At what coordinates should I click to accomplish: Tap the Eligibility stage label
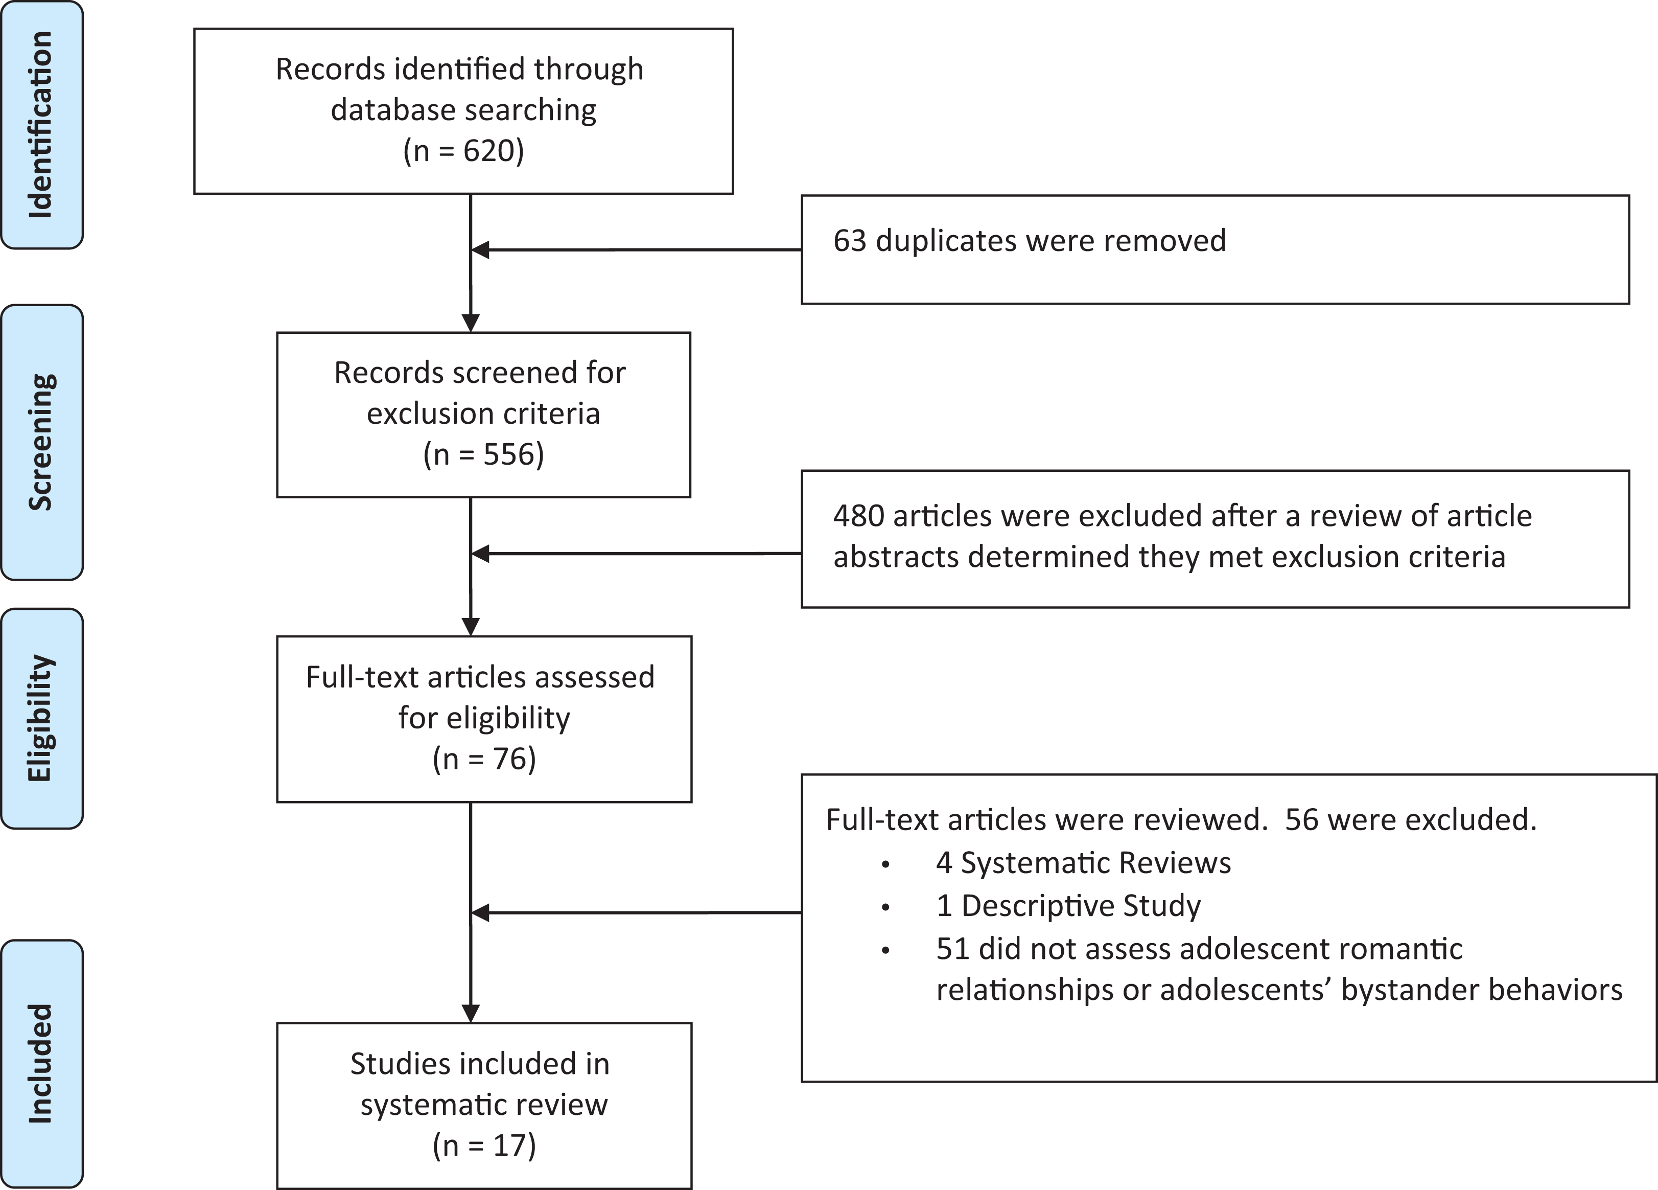click(41, 718)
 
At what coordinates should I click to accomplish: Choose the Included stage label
click(41, 1063)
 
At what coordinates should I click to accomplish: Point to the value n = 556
click(483, 454)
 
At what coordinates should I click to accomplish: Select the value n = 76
click(484, 759)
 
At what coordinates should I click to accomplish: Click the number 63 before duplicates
click(850, 241)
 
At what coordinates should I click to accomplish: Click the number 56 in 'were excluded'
click(1301, 820)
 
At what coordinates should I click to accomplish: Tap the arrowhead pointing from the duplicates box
click(480, 249)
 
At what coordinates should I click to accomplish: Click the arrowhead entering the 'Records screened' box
click(471, 323)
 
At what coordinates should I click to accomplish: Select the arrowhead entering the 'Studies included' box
click(471, 1013)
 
